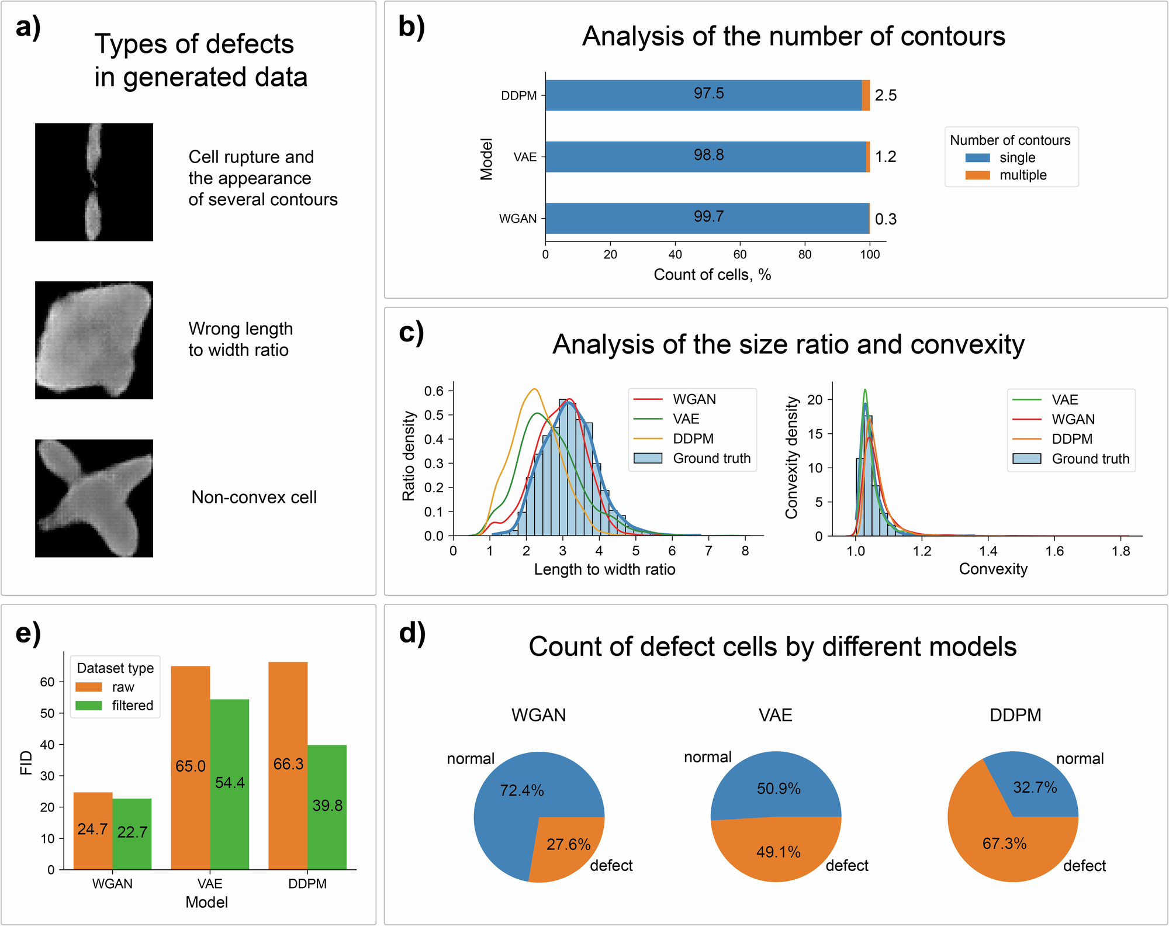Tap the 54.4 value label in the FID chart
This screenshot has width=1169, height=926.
tap(230, 783)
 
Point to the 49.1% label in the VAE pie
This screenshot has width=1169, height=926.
tap(778, 852)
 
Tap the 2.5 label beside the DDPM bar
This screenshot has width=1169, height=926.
tap(886, 95)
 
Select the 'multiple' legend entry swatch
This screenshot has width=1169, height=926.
tap(977, 175)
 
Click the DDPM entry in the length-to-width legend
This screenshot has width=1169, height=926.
tap(693, 438)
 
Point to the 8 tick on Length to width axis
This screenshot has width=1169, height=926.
tap(745, 551)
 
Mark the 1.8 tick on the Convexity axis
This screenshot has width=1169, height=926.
tap(1121, 551)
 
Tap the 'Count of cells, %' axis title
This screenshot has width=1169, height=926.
tap(712, 275)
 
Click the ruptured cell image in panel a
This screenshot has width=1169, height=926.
tap(94, 182)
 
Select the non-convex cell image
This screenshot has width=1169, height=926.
tap(94, 498)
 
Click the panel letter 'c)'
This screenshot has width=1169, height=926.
tap(411, 333)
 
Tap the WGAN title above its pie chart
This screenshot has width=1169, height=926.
tap(538, 715)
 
